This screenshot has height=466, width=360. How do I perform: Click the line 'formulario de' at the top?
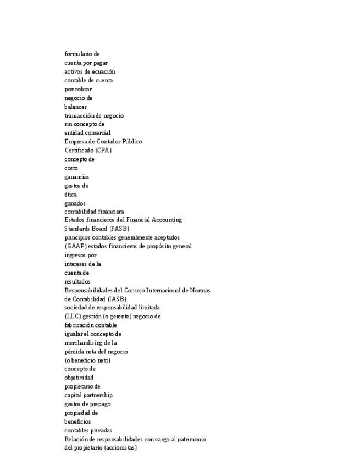tap(82, 54)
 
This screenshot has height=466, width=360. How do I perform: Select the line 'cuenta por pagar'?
tap(86, 63)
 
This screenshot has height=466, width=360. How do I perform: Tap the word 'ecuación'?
tap(103, 71)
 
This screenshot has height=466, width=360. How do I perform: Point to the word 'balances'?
tap(75, 107)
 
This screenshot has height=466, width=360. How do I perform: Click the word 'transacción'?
tap(79, 115)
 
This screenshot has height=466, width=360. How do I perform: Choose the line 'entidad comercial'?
tap(87, 132)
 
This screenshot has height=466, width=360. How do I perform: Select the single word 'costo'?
tap(71, 168)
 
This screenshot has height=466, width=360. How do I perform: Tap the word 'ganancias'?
tap(76, 177)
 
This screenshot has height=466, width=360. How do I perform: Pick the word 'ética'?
tap(70, 195)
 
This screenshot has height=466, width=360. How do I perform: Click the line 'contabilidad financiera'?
tap(94, 212)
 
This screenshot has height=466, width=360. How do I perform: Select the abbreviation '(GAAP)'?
tap(74, 246)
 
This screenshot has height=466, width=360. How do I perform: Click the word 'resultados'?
tap(77, 281)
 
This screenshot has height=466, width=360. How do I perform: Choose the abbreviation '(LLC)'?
tap(73, 317)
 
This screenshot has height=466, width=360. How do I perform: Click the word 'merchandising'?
tap(84, 342)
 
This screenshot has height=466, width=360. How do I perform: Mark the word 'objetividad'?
tap(79, 378)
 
